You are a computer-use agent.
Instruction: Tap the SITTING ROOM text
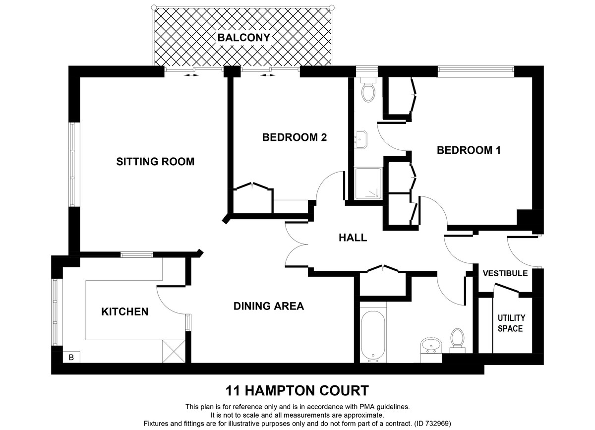point(155,162)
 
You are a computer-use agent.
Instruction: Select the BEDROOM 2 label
point(295,137)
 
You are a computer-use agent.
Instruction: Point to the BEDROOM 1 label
point(469,150)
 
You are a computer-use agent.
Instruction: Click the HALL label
point(353,238)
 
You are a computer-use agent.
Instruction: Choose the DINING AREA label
point(268,306)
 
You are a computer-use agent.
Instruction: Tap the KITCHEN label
point(124,311)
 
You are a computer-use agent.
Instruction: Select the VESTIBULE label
point(505,273)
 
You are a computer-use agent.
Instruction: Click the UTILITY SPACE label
point(511,323)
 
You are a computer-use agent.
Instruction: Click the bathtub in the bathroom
point(372,335)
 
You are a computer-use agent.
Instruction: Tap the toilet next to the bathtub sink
point(457,339)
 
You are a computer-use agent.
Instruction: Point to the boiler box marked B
point(70,356)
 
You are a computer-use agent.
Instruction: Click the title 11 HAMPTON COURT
point(297,390)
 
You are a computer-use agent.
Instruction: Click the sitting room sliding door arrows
point(192,76)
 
